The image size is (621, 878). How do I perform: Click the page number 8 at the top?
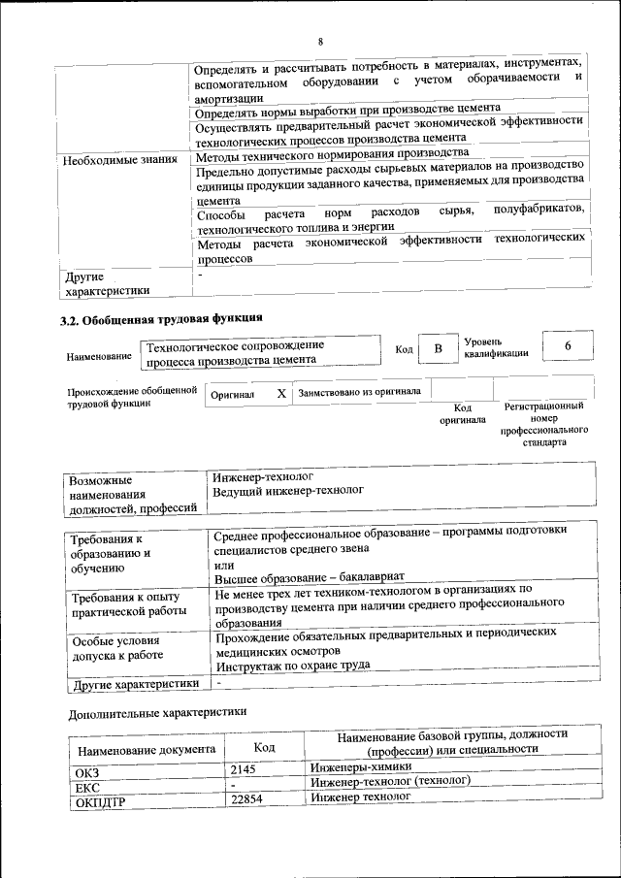point(319,42)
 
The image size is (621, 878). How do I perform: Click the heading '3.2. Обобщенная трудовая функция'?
point(161,318)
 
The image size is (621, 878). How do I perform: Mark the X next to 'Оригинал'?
point(280,394)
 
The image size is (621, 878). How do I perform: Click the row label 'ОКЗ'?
point(88,772)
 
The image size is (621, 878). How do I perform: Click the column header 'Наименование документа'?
point(147,749)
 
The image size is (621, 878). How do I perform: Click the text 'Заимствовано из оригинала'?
point(359,393)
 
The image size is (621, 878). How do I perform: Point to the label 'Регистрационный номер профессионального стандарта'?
point(543,423)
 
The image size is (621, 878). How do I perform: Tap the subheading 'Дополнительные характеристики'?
point(157,712)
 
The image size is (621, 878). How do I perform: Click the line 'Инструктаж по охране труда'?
point(292,666)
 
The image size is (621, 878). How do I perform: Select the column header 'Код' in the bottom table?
point(264,747)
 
